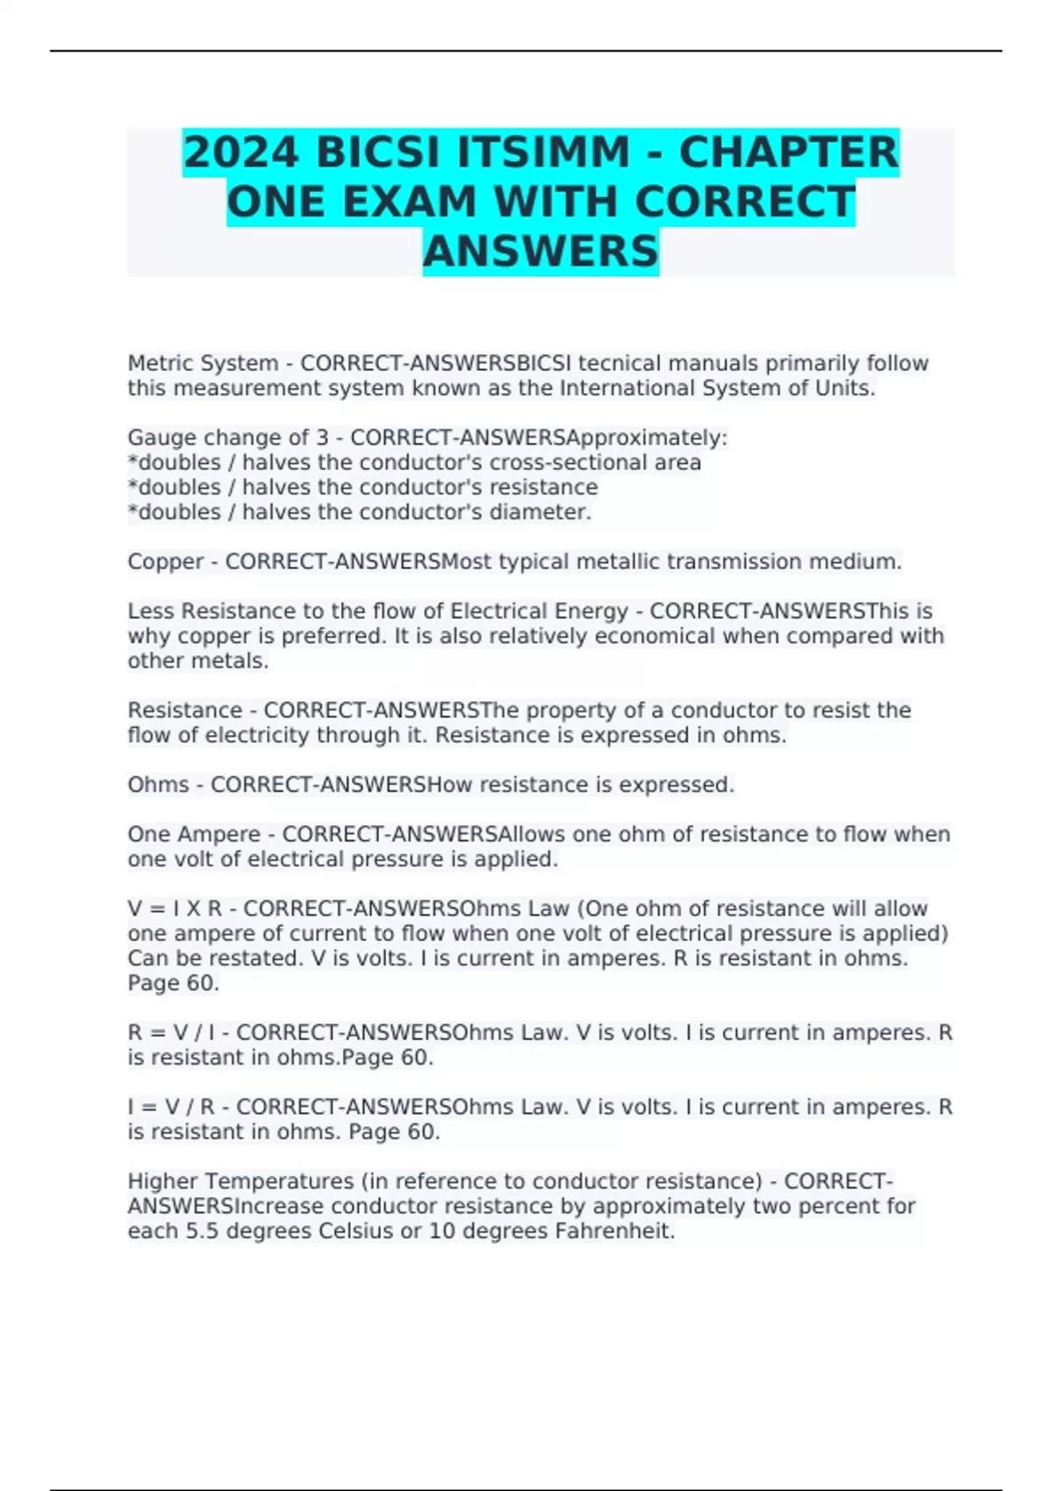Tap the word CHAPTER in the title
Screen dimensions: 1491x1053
click(x=789, y=153)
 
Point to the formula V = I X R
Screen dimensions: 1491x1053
click(x=175, y=909)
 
